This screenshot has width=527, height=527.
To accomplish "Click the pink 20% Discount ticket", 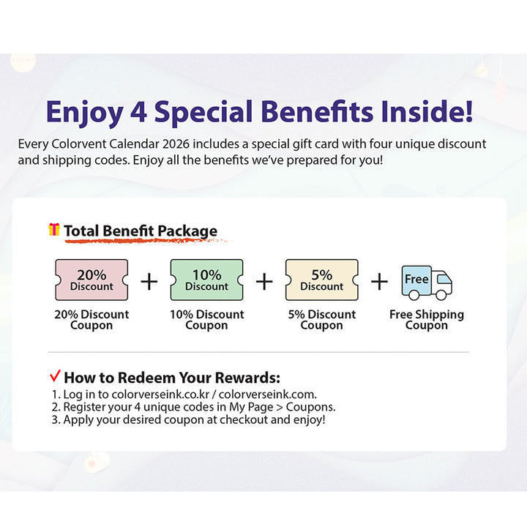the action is [91, 280].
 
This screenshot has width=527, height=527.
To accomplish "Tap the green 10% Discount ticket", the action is [206, 280].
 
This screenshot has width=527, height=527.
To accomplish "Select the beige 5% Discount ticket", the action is [321, 280].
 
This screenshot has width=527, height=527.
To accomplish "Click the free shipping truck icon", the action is [427, 283].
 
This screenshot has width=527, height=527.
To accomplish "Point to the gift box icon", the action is [54, 229].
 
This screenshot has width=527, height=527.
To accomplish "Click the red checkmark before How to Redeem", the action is [55, 375].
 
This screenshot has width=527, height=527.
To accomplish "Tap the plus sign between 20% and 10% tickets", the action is [149, 281].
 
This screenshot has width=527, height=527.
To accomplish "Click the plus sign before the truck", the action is [379, 281].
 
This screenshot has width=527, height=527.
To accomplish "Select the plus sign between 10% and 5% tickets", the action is [264, 281].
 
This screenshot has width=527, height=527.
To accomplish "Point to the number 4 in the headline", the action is [138, 111].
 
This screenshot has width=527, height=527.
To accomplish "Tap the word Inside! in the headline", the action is [427, 111].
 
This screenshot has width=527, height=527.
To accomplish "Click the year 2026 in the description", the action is [176, 144].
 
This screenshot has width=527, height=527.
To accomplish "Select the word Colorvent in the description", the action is [79, 144].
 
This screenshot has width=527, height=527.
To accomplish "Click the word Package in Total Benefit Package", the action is [187, 231].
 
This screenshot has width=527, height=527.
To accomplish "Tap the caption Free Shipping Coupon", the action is [427, 320].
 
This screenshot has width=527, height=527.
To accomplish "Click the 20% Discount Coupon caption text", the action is [91, 320].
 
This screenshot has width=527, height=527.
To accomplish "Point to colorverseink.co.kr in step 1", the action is [160, 395].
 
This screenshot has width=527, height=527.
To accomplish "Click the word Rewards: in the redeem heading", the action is [247, 378].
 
